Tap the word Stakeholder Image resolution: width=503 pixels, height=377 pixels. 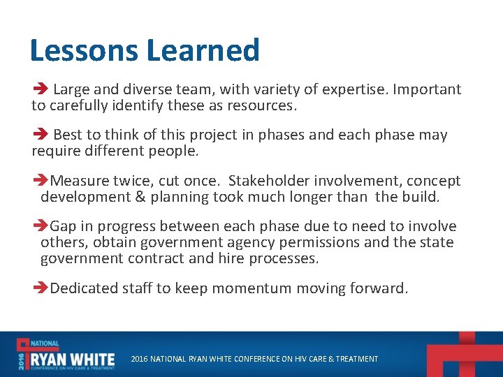tap(268, 181)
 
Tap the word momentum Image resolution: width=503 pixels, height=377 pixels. tap(253, 288)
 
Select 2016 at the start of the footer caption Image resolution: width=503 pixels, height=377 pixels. tap(140, 359)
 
